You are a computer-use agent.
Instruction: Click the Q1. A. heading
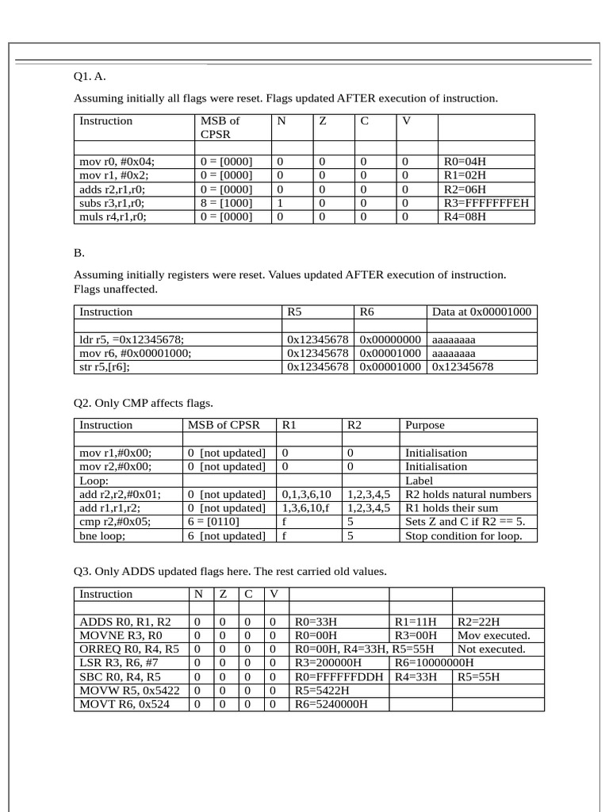tap(90, 77)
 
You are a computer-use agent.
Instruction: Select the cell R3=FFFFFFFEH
tap(486, 202)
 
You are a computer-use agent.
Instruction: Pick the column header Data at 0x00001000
tap(481, 312)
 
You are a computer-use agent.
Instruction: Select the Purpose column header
tap(425, 425)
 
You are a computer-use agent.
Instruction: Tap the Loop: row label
tap(94, 481)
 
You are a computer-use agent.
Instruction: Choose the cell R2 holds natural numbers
tap(468, 494)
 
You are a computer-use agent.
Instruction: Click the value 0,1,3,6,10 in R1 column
tap(307, 494)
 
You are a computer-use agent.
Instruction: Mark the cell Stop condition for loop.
tap(464, 536)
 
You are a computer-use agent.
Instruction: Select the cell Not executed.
tap(492, 649)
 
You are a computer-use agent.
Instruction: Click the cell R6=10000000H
tap(434, 663)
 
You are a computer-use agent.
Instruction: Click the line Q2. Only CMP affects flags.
tap(144, 403)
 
